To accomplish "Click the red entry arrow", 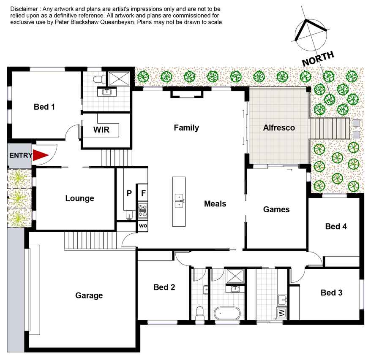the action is click(41, 155).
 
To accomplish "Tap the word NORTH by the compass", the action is click(318, 59).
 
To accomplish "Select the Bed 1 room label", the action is click(44, 107).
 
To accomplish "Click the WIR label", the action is click(101, 130).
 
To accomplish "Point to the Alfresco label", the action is click(279, 128).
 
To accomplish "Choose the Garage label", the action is click(89, 295).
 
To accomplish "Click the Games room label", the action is click(276, 209).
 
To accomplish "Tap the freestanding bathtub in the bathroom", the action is click(227, 314).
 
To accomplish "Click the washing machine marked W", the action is click(281, 313).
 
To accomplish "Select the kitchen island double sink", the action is click(179, 201).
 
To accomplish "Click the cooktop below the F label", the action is click(143, 210).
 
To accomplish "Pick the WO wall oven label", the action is click(143, 226).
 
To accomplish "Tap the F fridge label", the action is click(143, 193).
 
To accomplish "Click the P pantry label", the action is click(129, 193).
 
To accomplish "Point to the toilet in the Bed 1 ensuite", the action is click(100, 79).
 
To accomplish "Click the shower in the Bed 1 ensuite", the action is click(119, 79).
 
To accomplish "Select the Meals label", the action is click(215, 204).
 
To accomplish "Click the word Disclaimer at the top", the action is click(24, 9).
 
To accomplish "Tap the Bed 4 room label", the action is click(336, 227).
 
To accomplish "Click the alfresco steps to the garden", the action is click(330, 129).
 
